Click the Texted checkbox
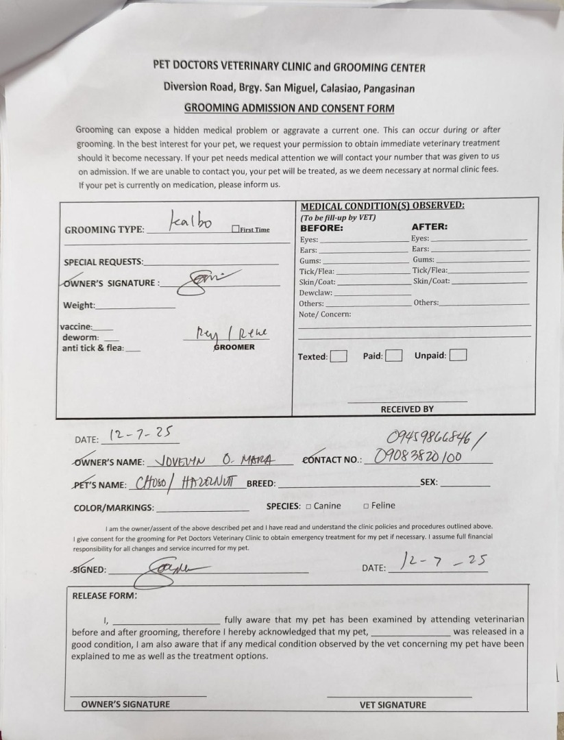(339, 356)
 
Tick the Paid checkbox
(393, 356)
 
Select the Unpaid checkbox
(458, 355)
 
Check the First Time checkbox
(235, 230)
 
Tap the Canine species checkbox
(308, 506)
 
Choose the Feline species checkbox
(366, 506)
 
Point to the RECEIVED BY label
(407, 409)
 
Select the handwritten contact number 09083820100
(418, 457)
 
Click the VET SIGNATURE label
(393, 704)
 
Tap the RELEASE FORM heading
(104, 595)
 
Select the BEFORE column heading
(321, 227)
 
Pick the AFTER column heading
(429, 227)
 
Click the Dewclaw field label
(315, 293)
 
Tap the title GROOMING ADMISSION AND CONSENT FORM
(289, 108)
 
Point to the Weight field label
(79, 306)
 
